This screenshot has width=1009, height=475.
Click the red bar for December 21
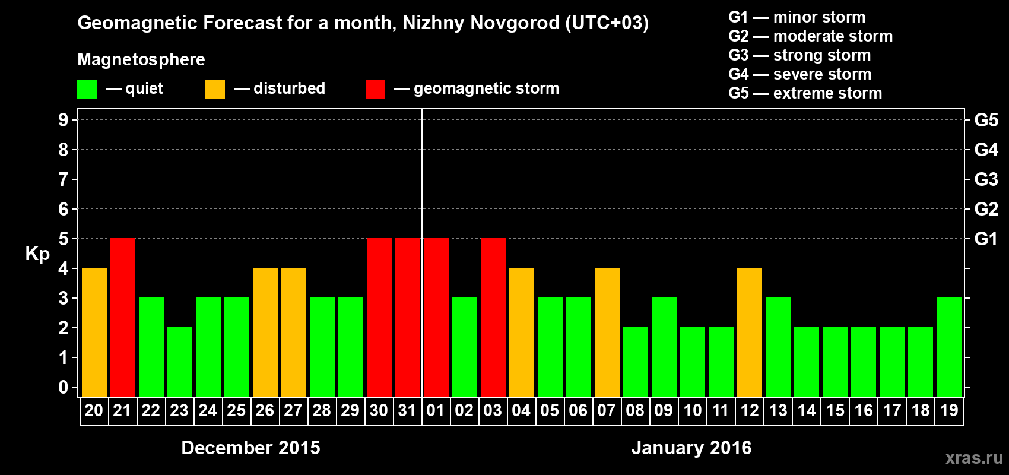(123, 317)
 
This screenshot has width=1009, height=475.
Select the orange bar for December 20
(94, 332)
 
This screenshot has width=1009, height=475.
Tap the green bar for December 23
(180, 362)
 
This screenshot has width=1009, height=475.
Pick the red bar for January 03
(493, 317)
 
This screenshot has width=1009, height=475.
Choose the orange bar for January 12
(750, 332)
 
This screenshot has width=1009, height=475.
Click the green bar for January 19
(949, 347)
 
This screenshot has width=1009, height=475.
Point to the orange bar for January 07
(607, 332)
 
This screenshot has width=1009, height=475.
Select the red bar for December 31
(408, 317)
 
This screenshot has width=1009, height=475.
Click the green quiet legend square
(87, 90)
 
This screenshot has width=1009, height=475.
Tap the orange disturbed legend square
(215, 90)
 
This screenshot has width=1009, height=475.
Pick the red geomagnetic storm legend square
(375, 90)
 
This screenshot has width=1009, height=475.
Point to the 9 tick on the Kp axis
(64, 120)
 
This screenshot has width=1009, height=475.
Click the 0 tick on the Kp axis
(64, 388)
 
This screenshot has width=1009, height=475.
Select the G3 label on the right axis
(986, 179)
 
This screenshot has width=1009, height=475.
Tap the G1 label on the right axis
(986, 239)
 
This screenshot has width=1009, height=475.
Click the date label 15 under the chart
(835, 410)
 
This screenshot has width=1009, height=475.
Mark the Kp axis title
(37, 254)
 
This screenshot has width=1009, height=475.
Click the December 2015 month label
(250, 448)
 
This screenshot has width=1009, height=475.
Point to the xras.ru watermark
(974, 458)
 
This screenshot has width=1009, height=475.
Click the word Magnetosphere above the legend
(141, 59)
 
